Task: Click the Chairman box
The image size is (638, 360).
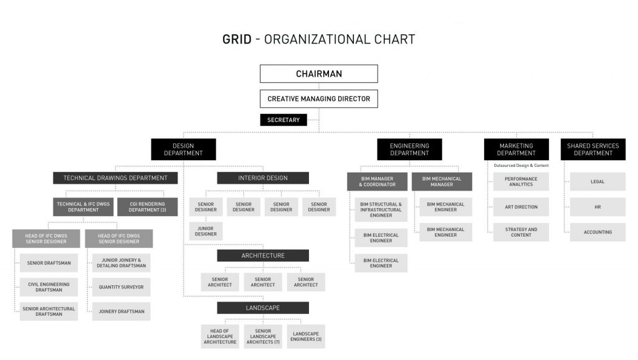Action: point(318,73)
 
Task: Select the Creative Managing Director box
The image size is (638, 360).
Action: point(318,98)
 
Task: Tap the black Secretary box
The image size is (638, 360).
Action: point(283,120)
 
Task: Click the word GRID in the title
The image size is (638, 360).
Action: point(237,40)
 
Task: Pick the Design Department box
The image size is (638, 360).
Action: point(183,149)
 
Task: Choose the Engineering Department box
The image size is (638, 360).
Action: point(409,149)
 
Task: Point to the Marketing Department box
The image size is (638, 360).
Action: point(516,149)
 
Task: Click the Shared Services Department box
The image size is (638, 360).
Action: point(593,149)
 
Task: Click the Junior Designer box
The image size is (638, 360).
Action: point(206,231)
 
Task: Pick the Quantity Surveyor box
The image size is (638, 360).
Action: point(121,287)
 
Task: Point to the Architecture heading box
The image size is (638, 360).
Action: point(263,255)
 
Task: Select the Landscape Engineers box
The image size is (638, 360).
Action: point(307,336)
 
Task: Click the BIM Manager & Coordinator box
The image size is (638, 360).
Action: point(377,181)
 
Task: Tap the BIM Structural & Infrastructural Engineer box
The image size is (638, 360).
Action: point(381,210)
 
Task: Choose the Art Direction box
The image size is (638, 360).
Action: point(521,207)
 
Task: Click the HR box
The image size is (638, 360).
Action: point(598,207)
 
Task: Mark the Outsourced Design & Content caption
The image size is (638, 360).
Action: point(521,166)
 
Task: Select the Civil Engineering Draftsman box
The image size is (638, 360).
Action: point(49,287)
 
